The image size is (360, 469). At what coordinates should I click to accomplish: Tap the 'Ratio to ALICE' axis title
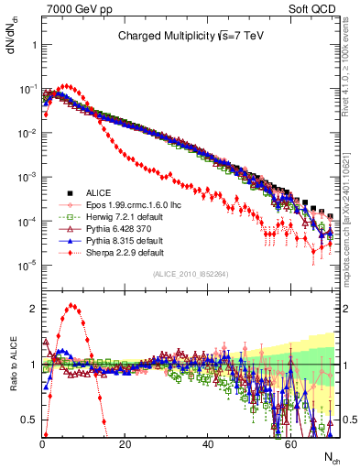[x=12, y=365]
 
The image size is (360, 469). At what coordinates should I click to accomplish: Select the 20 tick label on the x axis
[x=125, y=442]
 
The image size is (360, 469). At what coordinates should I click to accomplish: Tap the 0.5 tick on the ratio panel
[x=31, y=420]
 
